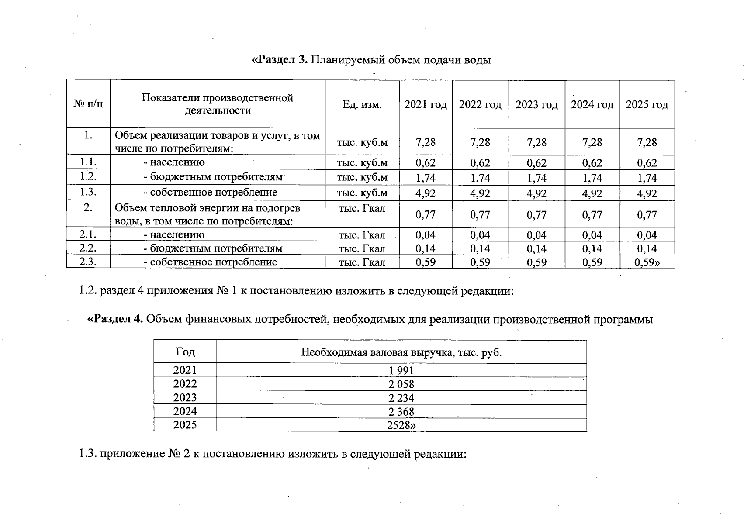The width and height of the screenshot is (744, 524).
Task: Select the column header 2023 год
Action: pyautogui.click(x=536, y=105)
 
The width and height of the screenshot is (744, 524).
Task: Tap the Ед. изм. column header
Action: pyautogui.click(x=362, y=105)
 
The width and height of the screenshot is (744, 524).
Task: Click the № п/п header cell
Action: pyautogui.click(x=88, y=105)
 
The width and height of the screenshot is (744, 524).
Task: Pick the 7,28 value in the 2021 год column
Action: pyautogui.click(x=426, y=142)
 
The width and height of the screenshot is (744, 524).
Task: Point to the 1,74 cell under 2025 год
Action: pyautogui.click(x=647, y=178)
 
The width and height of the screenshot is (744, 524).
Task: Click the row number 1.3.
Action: pyautogui.click(x=88, y=192)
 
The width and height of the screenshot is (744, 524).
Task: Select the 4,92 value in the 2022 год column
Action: pyautogui.click(x=480, y=193)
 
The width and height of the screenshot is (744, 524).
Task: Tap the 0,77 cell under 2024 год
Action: pyautogui.click(x=592, y=215)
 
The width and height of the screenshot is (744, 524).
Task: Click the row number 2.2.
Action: pyautogui.click(x=88, y=248)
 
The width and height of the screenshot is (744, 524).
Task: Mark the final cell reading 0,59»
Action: pyautogui.click(x=647, y=262)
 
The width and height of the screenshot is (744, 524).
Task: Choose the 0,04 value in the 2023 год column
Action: pyautogui.click(x=536, y=235)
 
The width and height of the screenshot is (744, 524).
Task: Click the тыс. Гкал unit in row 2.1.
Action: pyautogui.click(x=362, y=235)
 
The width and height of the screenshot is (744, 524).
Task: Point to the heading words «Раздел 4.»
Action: pyautogui.click(x=115, y=319)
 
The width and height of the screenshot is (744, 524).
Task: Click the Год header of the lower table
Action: pyautogui.click(x=185, y=352)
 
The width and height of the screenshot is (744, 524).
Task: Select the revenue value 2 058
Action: pyautogui.click(x=401, y=384)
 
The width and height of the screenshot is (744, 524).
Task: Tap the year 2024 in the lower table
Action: pyautogui.click(x=185, y=411)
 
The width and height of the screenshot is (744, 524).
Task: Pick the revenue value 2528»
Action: pyautogui.click(x=401, y=425)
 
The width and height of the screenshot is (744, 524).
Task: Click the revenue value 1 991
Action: pyautogui.click(x=401, y=371)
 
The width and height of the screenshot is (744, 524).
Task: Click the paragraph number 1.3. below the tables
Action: pyautogui.click(x=88, y=454)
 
